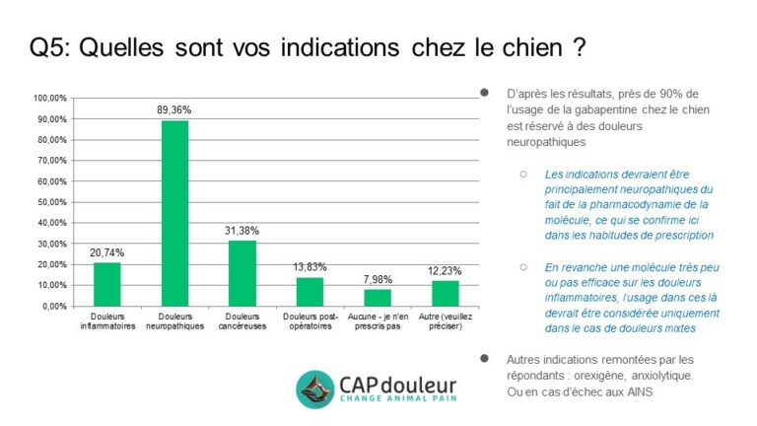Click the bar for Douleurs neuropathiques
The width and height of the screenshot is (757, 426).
tap(174, 213)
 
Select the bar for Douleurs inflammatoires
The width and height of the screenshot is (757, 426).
tap(106, 284)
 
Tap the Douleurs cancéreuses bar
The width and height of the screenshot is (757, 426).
tap(242, 273)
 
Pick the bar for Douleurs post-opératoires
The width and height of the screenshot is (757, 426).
tap(310, 291)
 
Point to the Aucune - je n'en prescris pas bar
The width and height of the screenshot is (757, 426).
tap(378, 297)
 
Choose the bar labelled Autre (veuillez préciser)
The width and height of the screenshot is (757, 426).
tap(446, 293)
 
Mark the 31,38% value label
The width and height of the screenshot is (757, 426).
tap(242, 232)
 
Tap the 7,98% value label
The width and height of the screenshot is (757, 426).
tap(378, 280)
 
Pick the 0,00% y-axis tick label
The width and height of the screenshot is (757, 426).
tap(54, 306)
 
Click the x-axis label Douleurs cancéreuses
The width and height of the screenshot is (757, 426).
tap(242, 321)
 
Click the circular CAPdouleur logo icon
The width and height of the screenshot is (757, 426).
tap(316, 390)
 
